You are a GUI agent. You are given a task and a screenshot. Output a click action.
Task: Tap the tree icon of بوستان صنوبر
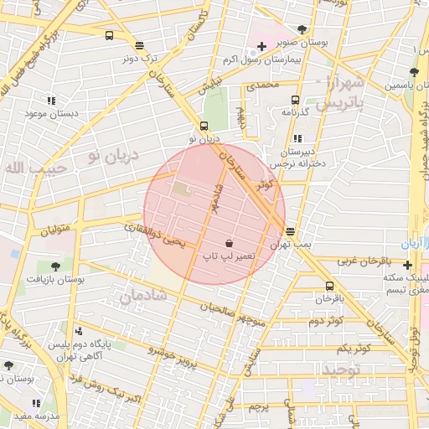click(302, 29)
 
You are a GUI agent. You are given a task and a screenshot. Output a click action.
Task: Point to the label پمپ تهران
click(290, 243)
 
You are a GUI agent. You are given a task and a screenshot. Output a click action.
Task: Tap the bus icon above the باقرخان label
click(330, 286)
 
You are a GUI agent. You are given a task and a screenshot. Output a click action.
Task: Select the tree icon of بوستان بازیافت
click(55, 266)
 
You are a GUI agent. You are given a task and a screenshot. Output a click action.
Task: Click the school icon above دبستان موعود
click(52, 101)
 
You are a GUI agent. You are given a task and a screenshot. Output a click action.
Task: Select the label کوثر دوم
click(326, 321)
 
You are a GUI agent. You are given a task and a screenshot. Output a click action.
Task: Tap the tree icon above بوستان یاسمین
click(413, 72)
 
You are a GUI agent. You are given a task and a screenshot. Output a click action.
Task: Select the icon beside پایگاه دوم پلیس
click(79, 331)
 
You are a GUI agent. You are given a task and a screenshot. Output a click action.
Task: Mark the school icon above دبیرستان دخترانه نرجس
click(297, 139)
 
